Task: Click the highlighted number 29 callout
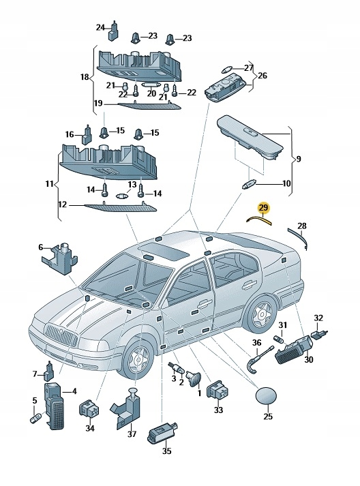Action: click(x=264, y=207)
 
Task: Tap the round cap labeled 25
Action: click(x=266, y=396)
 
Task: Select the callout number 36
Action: click(x=256, y=343)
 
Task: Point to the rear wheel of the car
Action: click(x=261, y=314)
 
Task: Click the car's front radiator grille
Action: click(x=61, y=336)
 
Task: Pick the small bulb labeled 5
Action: click(x=35, y=419)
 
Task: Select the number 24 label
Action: click(x=100, y=27)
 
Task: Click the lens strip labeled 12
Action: click(x=121, y=208)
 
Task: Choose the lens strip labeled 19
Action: click(x=150, y=106)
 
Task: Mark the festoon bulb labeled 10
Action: click(x=248, y=185)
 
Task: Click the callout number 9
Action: click(x=298, y=160)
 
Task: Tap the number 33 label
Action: click(x=219, y=410)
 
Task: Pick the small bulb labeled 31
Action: click(x=278, y=339)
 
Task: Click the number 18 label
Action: click(x=85, y=76)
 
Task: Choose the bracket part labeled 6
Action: click(x=60, y=258)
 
